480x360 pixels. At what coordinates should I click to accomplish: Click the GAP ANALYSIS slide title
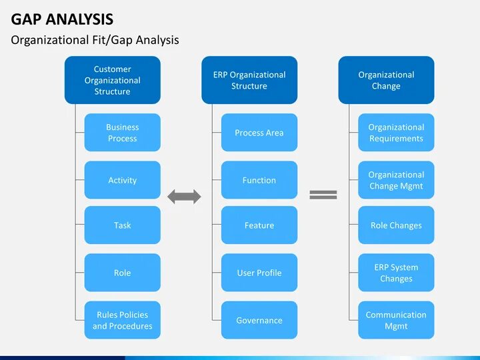(x=62, y=19)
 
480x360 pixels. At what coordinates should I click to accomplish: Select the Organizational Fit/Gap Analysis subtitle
(x=95, y=40)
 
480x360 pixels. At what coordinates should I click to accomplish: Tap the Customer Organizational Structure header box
(x=112, y=80)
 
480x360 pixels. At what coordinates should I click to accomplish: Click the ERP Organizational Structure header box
(x=249, y=80)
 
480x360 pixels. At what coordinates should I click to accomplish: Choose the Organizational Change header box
(x=386, y=80)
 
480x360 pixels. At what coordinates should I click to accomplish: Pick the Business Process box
(x=122, y=133)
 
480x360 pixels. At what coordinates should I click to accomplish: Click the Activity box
(x=122, y=180)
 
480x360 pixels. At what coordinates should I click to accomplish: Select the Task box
(x=122, y=225)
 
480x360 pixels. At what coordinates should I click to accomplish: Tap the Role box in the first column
(x=122, y=273)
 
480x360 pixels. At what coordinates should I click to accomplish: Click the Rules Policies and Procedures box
(x=122, y=320)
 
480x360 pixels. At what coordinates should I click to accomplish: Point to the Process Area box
(x=259, y=133)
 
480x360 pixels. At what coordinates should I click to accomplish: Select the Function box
(x=259, y=180)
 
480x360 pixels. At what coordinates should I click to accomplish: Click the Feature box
(x=259, y=225)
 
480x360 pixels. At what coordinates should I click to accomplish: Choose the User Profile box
(x=259, y=273)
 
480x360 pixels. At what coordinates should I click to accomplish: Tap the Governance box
(x=259, y=320)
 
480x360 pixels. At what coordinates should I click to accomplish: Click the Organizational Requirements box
(x=396, y=133)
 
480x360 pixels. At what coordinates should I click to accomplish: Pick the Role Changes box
(x=396, y=225)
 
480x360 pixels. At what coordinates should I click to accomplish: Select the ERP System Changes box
(x=396, y=273)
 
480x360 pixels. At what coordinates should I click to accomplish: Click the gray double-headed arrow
(x=184, y=196)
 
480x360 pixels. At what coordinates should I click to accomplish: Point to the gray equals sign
(x=323, y=195)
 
